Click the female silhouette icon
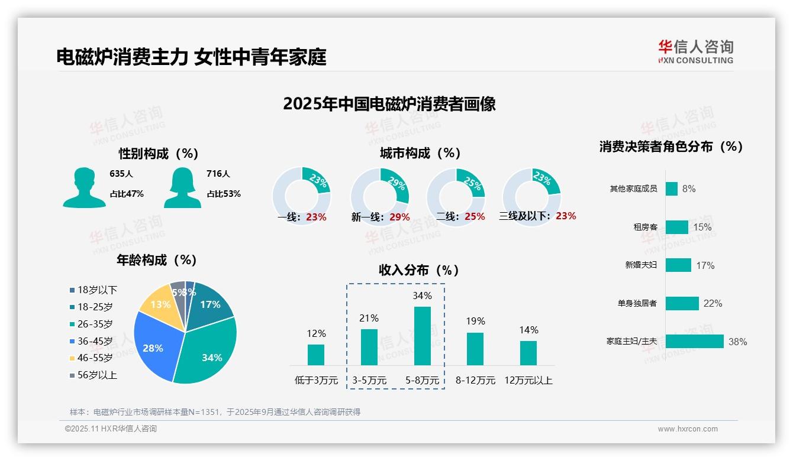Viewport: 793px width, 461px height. point(182,188)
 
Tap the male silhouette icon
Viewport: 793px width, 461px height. point(84,188)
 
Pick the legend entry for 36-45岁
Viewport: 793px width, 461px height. point(91,341)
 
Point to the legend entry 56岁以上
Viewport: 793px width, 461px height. point(94,375)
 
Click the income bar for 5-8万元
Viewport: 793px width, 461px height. point(423,336)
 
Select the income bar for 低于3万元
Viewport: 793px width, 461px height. point(316,355)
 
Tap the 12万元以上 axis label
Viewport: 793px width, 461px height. point(528,381)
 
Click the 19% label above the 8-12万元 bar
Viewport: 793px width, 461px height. point(475,321)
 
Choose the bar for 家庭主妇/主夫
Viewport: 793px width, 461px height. point(694,342)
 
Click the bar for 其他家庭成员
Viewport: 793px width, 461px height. point(671,189)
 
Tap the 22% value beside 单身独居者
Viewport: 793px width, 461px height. point(713,303)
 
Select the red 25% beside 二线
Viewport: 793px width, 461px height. point(475,217)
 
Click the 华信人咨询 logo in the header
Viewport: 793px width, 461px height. point(695,51)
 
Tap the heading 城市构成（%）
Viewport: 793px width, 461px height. point(420,153)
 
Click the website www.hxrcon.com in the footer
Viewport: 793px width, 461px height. point(688,429)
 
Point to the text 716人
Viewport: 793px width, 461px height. point(218,174)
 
